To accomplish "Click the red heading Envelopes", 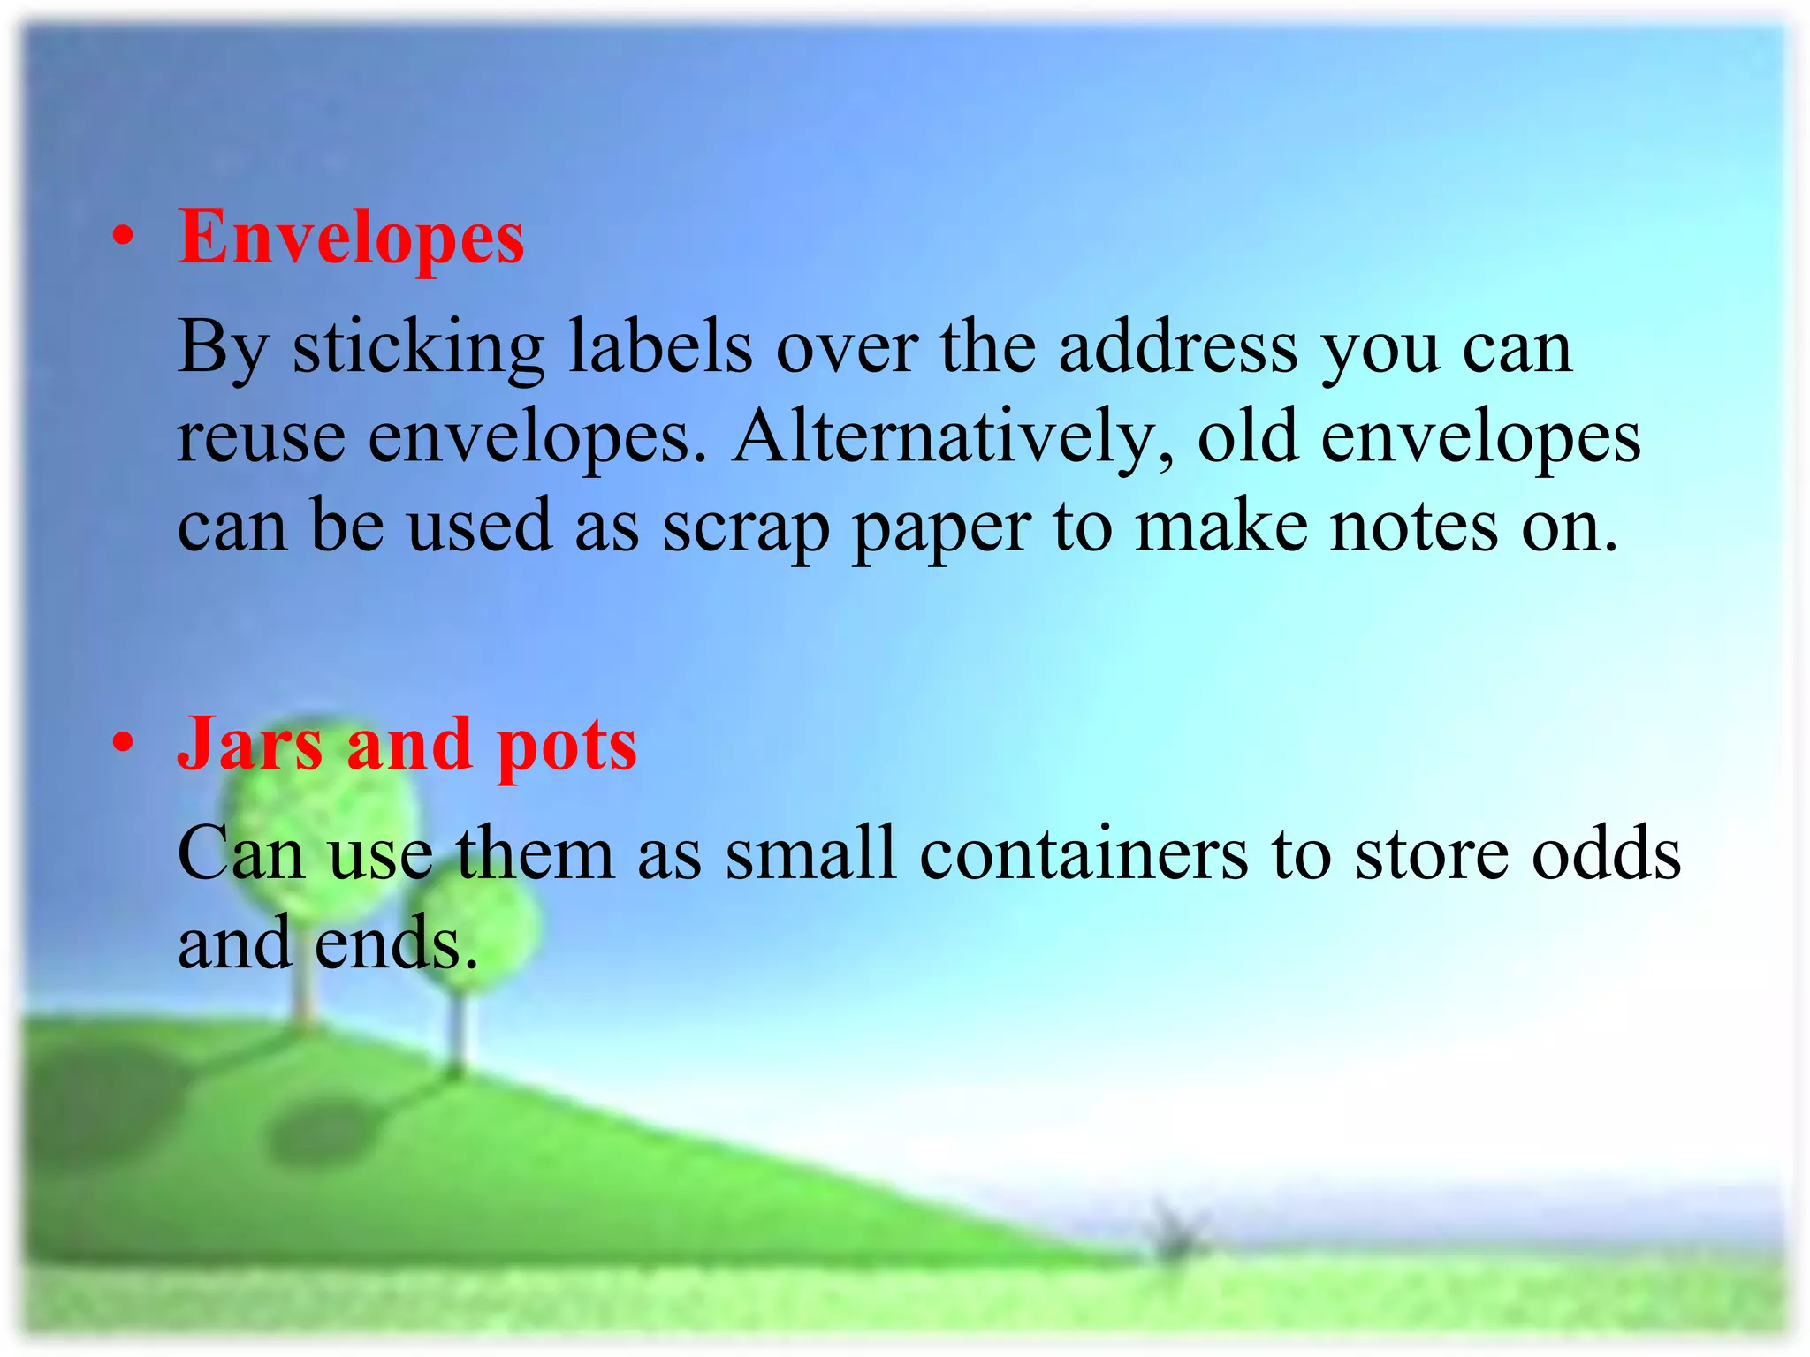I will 351,239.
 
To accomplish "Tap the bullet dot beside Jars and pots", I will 124,743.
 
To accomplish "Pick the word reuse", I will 262,439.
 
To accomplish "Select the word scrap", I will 747,528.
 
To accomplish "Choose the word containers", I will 1084,854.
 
